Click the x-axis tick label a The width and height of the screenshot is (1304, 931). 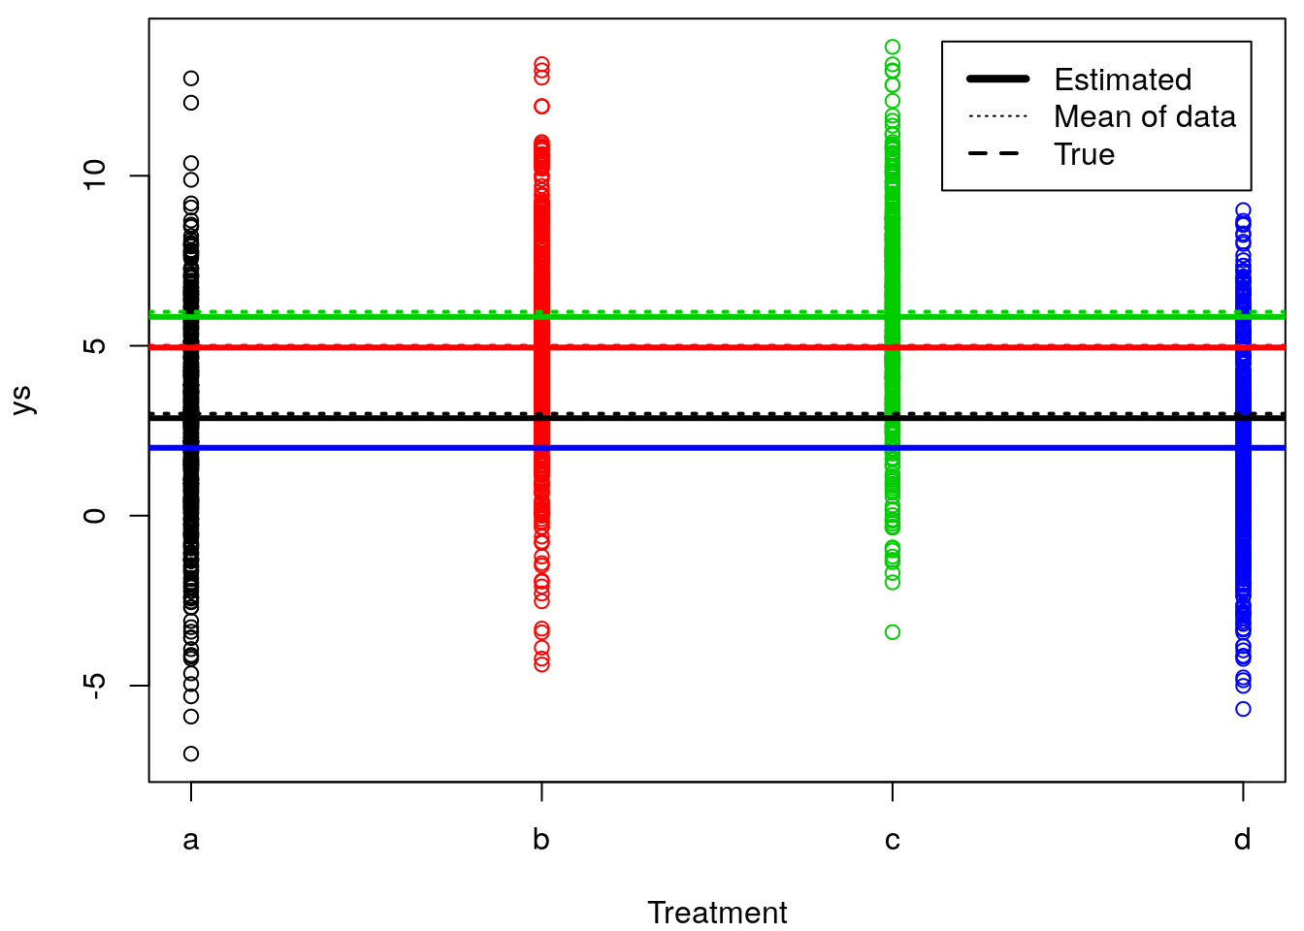point(191,840)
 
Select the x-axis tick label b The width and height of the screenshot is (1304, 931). point(541,840)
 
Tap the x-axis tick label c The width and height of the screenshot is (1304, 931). point(893,840)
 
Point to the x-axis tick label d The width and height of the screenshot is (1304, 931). point(1243,840)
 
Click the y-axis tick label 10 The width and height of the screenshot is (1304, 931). point(94,176)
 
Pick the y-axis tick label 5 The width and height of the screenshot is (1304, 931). point(94,346)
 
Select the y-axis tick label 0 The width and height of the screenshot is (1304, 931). point(94,516)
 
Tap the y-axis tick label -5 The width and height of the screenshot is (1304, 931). point(94,686)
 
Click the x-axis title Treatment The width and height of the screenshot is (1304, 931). point(717,913)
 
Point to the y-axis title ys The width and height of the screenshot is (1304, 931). point(22,400)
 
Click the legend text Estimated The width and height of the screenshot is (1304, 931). point(1123,80)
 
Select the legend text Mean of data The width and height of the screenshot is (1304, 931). point(1145,117)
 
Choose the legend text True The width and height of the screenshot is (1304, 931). point(1084,154)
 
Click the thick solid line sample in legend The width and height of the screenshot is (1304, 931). point(998,79)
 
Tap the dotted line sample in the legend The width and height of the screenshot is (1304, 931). point(998,116)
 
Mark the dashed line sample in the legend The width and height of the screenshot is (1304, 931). point(998,154)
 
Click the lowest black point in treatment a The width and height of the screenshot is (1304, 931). point(191,754)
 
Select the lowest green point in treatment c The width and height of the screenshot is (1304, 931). point(893,632)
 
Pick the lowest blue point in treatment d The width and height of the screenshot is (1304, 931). point(1243,709)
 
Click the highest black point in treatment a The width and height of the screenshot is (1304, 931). point(191,79)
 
